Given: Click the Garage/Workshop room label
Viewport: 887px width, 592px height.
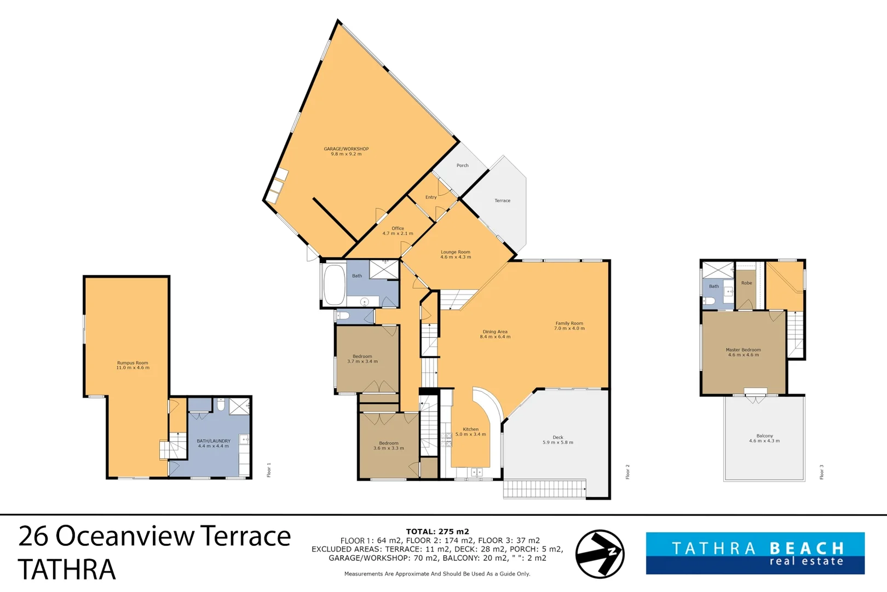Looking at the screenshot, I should tap(346, 149).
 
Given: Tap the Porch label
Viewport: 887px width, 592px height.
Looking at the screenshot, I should tap(463, 165).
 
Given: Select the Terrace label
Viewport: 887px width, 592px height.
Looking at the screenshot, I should tap(502, 201).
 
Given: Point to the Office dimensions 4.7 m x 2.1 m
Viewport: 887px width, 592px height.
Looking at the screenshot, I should tap(398, 234).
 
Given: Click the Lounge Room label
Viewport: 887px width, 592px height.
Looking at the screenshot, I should tap(456, 252).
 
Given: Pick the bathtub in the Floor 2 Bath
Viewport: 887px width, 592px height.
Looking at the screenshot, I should tap(334, 284).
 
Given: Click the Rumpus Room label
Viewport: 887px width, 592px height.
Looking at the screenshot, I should tap(133, 363).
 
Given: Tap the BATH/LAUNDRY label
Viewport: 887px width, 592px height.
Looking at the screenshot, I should tap(214, 441).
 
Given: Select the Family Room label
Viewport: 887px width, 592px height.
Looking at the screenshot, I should tap(569, 323).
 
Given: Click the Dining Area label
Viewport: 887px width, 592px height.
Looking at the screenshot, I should tap(495, 332).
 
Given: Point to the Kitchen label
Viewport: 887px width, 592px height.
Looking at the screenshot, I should tap(470, 429).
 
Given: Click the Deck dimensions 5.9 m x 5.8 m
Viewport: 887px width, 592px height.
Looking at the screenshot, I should tap(558, 442).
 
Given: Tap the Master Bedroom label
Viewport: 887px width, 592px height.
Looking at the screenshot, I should tap(743, 350).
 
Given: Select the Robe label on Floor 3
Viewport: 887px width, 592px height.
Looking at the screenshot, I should tap(746, 283).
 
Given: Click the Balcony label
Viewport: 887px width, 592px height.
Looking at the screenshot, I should tap(764, 436).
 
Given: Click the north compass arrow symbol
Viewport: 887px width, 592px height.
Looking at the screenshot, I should tap(600, 554).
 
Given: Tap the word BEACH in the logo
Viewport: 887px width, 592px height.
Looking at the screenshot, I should tap(807, 548).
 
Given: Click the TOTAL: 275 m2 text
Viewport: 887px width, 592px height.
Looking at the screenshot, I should tap(437, 531).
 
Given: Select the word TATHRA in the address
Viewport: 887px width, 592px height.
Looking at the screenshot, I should tap(67, 570).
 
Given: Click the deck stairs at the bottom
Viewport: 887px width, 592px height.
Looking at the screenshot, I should tap(544, 488).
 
